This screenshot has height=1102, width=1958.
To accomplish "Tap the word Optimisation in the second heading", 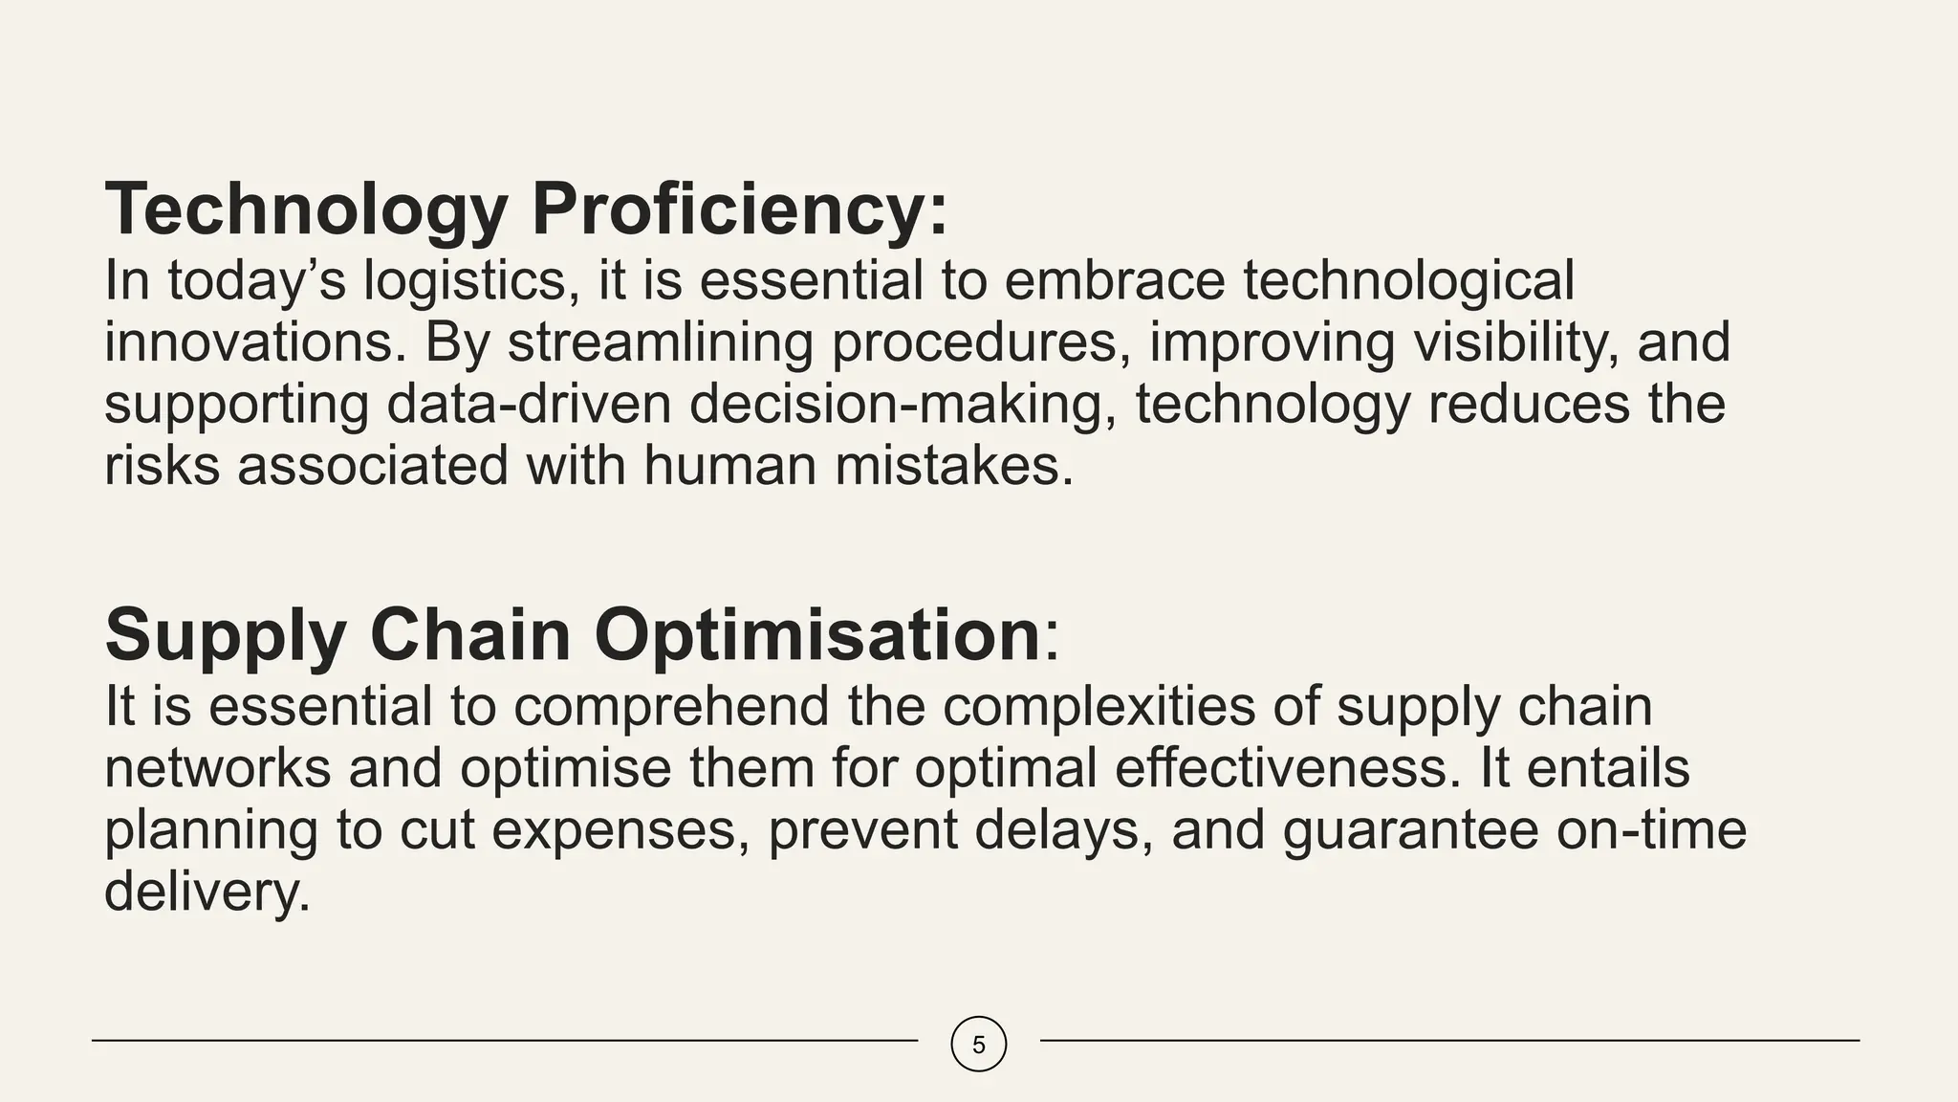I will (816, 635).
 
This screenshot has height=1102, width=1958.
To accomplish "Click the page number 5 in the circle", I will (978, 1045).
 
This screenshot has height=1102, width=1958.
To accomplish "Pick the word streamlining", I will (660, 342).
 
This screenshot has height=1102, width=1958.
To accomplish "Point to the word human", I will (730, 466).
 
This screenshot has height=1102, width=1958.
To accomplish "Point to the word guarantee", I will (1410, 829).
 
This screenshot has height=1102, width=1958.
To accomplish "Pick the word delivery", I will (207, 892).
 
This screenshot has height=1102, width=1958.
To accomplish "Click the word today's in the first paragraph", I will (256, 281).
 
